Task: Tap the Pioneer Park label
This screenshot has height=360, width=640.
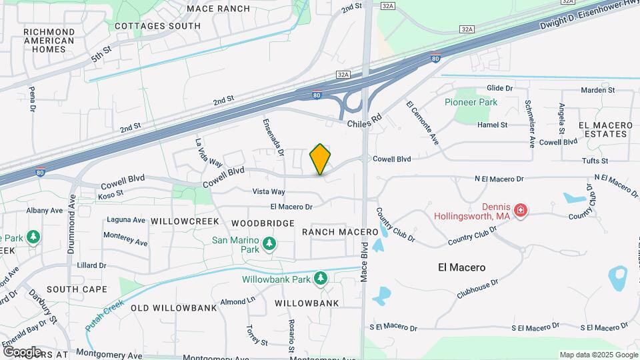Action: [471, 103]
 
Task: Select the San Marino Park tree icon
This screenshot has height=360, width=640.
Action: [269, 244]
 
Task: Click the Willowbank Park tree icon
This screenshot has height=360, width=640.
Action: [321, 278]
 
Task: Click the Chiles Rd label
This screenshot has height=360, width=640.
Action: [364, 121]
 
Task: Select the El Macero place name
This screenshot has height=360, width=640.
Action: [462, 267]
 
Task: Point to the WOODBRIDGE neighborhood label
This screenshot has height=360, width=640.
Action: [263, 223]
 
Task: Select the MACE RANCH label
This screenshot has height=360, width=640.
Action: [209, 9]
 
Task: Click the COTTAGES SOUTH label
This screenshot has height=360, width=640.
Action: [157, 26]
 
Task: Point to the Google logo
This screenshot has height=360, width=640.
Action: [22, 351]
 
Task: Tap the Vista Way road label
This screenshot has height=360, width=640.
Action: [269, 191]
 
